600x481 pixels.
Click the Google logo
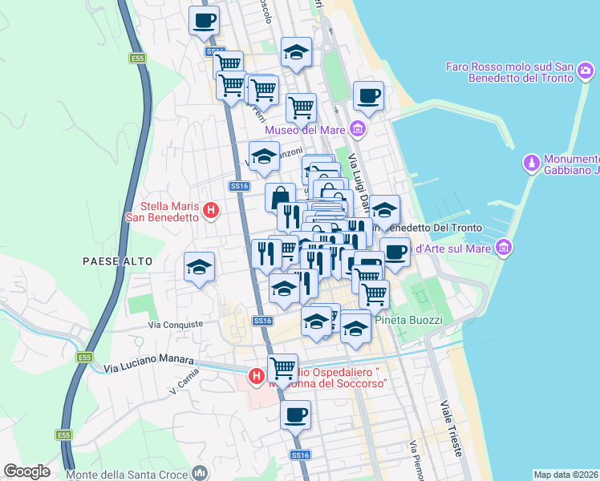(x=26, y=471)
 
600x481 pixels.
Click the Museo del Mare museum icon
(x=358, y=128)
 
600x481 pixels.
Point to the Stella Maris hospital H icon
(x=211, y=211)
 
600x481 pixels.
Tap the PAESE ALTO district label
(x=112, y=261)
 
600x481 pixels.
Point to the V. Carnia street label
(x=184, y=386)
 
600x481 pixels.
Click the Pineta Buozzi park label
(x=409, y=320)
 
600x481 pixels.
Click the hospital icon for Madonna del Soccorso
(x=256, y=375)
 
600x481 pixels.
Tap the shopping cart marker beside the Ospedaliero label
(x=282, y=369)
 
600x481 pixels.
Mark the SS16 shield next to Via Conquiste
(x=262, y=321)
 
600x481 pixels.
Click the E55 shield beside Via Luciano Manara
(x=86, y=357)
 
